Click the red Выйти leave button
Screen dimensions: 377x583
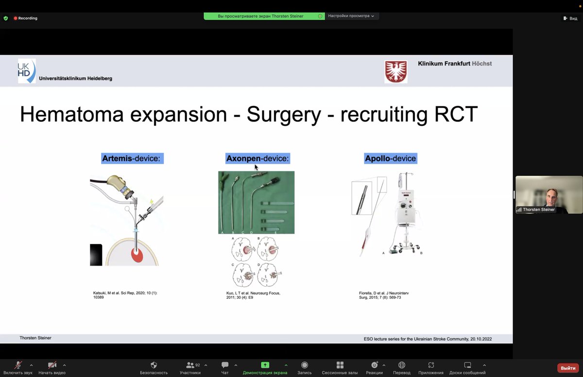pyautogui.click(x=568, y=368)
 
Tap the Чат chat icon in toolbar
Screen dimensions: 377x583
pyautogui.click(x=225, y=365)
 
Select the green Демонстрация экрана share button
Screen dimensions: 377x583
pyautogui.click(x=265, y=365)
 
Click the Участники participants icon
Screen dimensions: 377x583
pyautogui.click(x=190, y=365)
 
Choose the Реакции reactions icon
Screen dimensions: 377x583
pyautogui.click(x=374, y=365)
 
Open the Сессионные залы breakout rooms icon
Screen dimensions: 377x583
pyautogui.click(x=340, y=365)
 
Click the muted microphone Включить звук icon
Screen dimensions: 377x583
pyautogui.click(x=18, y=365)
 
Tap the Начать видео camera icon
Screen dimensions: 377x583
pyautogui.click(x=52, y=365)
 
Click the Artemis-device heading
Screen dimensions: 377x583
pyautogui.click(x=132, y=158)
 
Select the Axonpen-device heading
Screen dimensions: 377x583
pyautogui.click(x=257, y=158)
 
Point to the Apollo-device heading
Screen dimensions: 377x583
pyautogui.click(x=391, y=158)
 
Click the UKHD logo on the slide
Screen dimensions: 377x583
pyautogui.click(x=27, y=71)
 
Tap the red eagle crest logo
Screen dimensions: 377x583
pyautogui.click(x=395, y=71)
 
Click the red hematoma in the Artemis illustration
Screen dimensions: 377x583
pyautogui.click(x=137, y=255)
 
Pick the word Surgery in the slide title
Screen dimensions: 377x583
pyautogui.click(x=284, y=115)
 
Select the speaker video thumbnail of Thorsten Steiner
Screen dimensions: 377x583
pyautogui.click(x=549, y=194)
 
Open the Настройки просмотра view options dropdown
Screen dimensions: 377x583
pyautogui.click(x=351, y=16)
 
